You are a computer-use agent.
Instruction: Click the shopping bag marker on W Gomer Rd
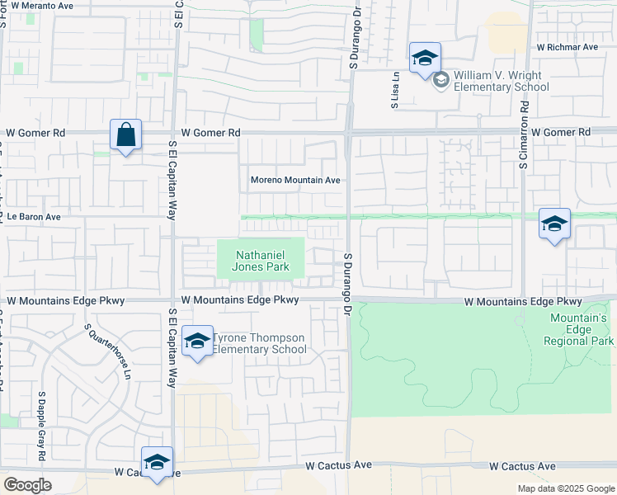coord(125,135)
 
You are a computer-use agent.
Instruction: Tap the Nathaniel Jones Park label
coord(260,261)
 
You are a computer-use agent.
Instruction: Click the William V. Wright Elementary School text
coord(501,81)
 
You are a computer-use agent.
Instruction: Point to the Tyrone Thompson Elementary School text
coord(259,343)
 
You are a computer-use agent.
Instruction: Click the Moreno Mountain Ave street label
coord(295,180)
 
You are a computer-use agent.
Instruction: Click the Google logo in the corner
coord(27,485)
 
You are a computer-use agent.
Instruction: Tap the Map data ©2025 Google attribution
coord(566,488)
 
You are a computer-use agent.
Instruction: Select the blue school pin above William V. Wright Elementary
coord(425,59)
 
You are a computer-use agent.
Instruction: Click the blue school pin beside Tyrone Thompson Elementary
coord(197,342)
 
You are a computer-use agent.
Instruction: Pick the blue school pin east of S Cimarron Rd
coord(554,224)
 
